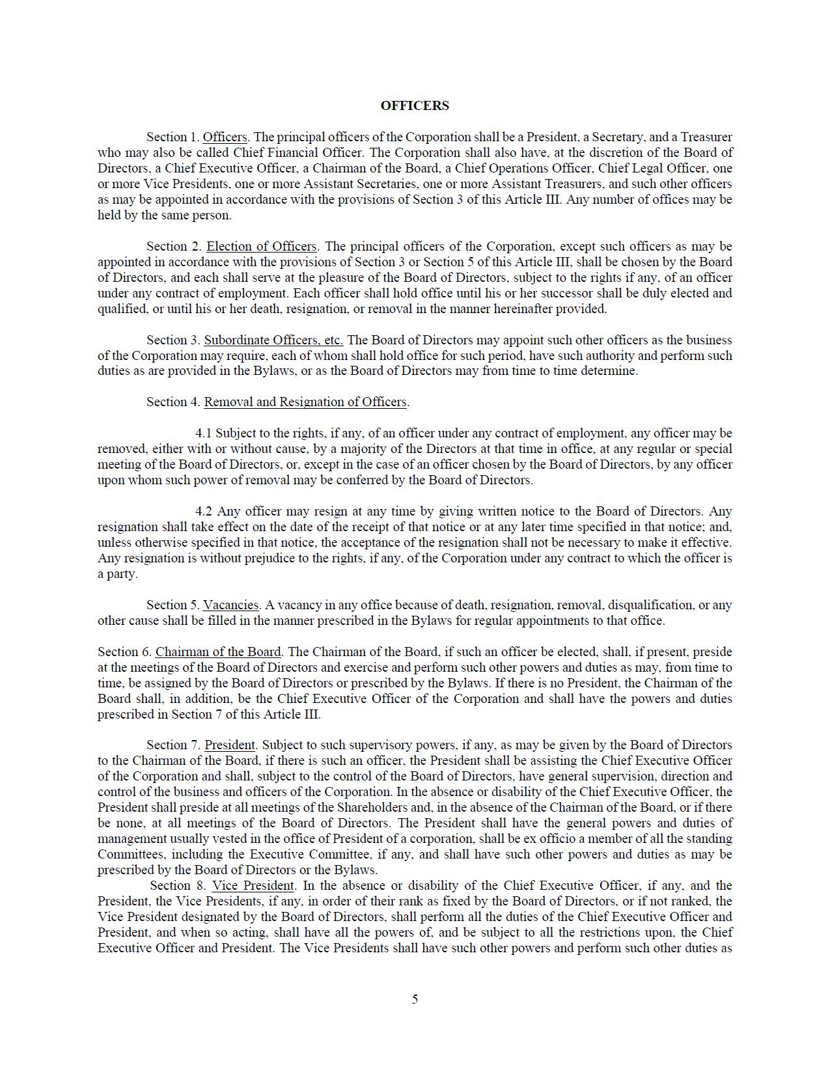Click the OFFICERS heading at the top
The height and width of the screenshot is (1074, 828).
[x=415, y=105]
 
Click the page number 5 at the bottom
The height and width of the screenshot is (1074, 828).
[x=415, y=999]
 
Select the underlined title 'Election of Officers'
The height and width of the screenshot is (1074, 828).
[x=262, y=247]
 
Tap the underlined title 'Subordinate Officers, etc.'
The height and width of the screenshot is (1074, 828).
[x=273, y=340]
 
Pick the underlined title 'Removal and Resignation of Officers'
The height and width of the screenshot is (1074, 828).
[x=305, y=402]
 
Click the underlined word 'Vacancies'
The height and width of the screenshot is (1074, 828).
[x=231, y=605]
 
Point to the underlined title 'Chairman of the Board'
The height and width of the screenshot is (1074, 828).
[x=218, y=652]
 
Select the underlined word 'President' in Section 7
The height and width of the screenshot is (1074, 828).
[x=230, y=745]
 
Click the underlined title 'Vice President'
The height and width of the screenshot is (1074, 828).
[x=253, y=886]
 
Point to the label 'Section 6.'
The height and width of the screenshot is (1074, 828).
[x=124, y=652]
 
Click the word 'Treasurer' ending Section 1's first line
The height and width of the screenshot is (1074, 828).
[x=706, y=137]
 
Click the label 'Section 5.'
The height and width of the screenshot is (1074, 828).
[x=172, y=605]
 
